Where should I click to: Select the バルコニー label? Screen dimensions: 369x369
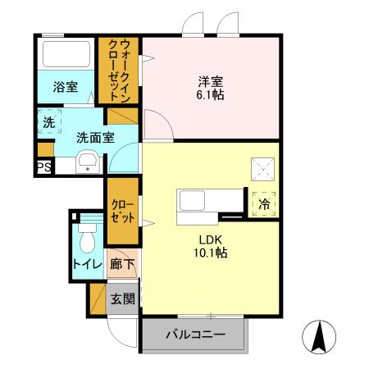(x=195, y=335)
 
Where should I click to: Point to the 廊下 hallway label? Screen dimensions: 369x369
(x=122, y=265)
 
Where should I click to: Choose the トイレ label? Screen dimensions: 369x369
(x=87, y=264)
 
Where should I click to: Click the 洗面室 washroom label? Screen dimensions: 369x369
(x=94, y=138)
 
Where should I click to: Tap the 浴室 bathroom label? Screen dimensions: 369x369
(x=65, y=85)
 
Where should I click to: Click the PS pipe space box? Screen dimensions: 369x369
(x=42, y=168)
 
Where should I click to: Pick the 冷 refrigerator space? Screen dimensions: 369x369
(x=264, y=203)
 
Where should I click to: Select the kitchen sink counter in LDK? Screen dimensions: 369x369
(x=209, y=202)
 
